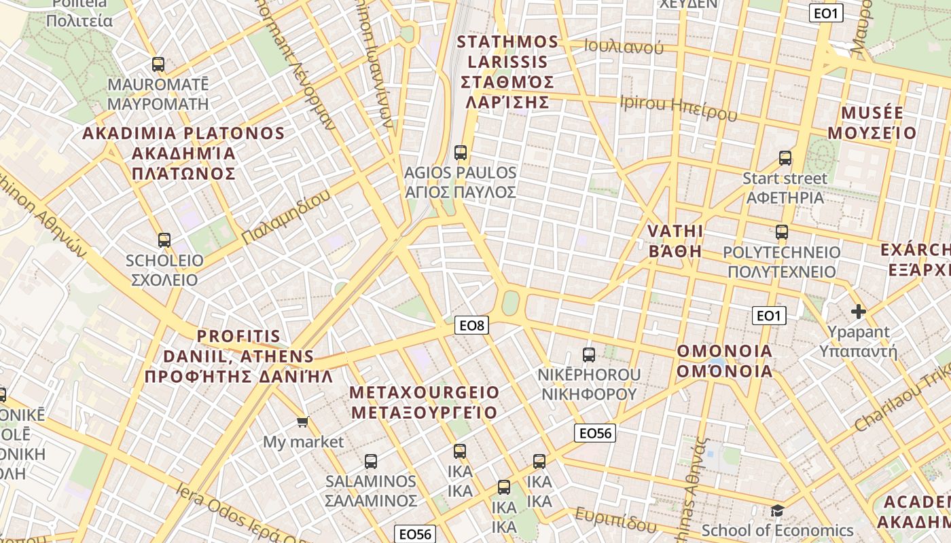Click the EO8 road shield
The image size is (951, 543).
coord(471,326)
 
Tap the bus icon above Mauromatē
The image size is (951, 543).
coord(158,64)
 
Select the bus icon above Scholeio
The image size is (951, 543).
coord(164,240)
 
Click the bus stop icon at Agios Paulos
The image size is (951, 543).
coord(461,153)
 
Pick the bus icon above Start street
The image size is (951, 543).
coord(785,158)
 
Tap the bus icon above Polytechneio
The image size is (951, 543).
coord(781,232)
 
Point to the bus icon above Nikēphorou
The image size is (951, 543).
coord(589,354)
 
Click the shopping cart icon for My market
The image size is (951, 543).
coord(303,422)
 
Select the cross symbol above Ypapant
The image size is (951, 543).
coord(859,312)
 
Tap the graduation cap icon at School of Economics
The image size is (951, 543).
coord(777,510)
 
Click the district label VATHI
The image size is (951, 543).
coord(675,231)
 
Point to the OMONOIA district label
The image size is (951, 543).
coord(725,352)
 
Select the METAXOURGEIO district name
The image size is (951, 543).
coord(425,393)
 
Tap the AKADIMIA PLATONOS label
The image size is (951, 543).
coord(183,133)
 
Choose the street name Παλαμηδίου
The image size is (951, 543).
coord(286,217)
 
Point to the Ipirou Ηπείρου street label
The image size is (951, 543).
coord(678,109)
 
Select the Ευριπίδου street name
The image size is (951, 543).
coord(615,520)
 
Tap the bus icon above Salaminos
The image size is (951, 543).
coord(370,462)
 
